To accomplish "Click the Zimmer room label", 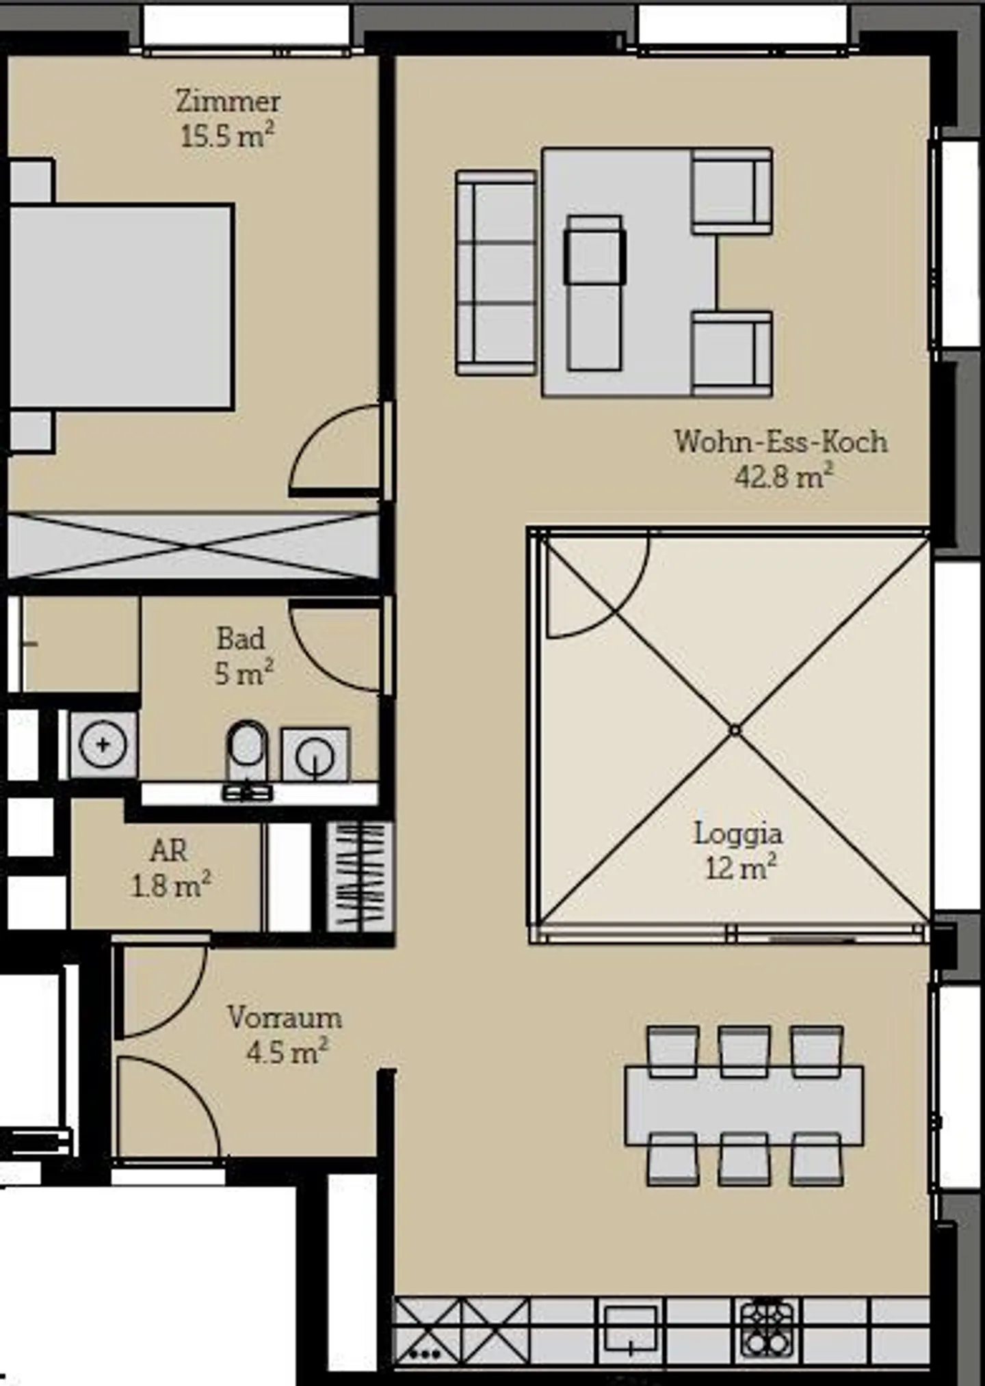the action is (228, 102).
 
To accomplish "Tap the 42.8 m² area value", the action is (784, 476).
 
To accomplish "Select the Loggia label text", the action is (738, 834).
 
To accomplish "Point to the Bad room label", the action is (241, 639).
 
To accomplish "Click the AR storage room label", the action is (168, 851).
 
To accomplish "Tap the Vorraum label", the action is (285, 1017).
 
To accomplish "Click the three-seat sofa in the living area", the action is (496, 273).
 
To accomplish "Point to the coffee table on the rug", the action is (594, 293).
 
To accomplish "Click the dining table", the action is (744, 1105).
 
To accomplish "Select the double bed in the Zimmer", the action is (120, 306).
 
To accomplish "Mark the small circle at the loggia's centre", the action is (735, 730).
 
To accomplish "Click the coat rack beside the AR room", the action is (359, 877).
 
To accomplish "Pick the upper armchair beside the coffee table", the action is (732, 191).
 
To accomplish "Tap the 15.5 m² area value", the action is (228, 136).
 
